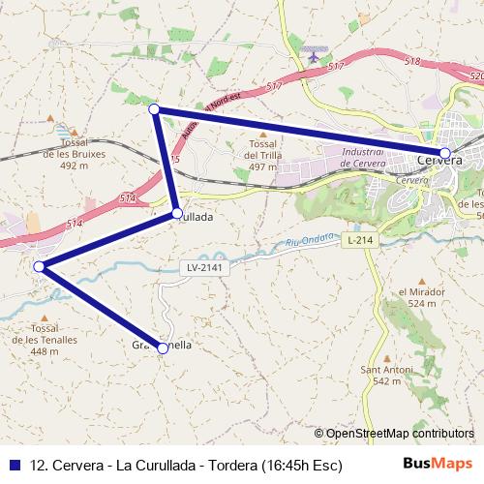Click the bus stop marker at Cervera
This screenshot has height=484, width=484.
point(444,153)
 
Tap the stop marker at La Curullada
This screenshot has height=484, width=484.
point(176,213)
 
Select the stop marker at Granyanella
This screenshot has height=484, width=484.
point(163,348)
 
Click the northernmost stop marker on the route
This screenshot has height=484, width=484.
point(154,109)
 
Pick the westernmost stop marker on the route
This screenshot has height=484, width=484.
point(39,266)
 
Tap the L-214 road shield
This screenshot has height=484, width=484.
point(358,239)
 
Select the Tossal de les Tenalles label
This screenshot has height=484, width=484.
point(44,339)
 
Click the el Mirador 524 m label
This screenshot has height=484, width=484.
point(421,297)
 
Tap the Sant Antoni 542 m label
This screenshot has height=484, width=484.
point(380,375)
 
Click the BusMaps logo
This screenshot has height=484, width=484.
point(437,464)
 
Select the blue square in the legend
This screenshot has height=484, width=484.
point(15,465)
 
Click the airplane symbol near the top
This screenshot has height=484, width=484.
point(313,55)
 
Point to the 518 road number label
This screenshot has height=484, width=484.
point(412,61)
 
